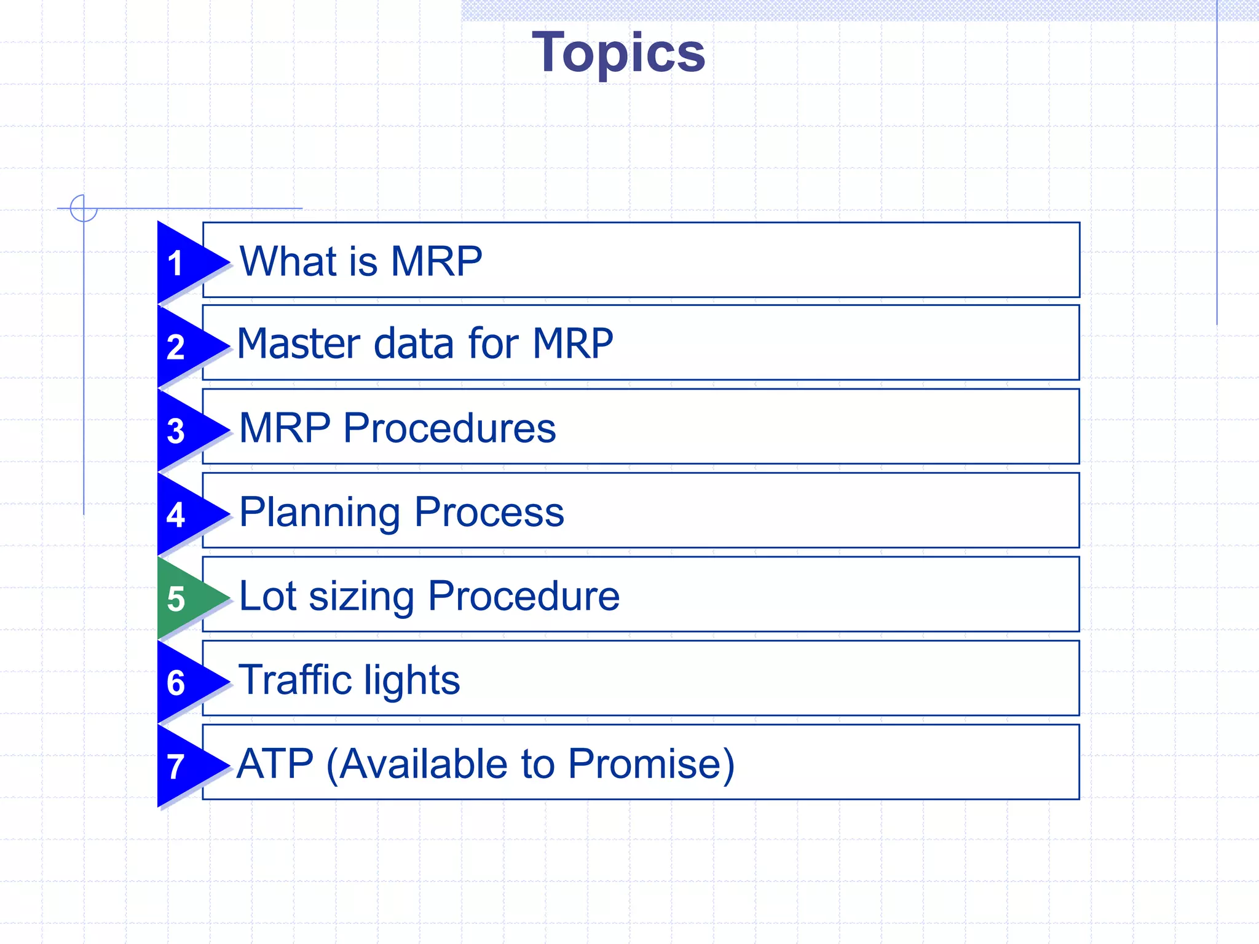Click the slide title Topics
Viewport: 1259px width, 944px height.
pos(618,53)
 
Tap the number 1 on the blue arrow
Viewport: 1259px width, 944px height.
pos(176,263)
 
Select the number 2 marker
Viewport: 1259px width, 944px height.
pos(176,347)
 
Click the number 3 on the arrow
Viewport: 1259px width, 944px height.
pos(176,431)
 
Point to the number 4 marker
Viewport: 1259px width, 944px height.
pos(176,515)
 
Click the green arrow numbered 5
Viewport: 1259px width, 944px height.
pos(184,598)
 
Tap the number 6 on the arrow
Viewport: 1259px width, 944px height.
pos(176,683)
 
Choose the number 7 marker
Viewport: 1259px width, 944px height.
pos(176,767)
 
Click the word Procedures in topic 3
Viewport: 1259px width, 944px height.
pos(449,428)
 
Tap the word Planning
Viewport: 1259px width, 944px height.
pos(320,513)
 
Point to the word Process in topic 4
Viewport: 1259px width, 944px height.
pos(489,512)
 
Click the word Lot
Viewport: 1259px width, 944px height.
pos(267,596)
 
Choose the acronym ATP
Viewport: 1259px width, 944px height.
pos(275,764)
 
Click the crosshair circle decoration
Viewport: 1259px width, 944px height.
pos(84,208)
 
